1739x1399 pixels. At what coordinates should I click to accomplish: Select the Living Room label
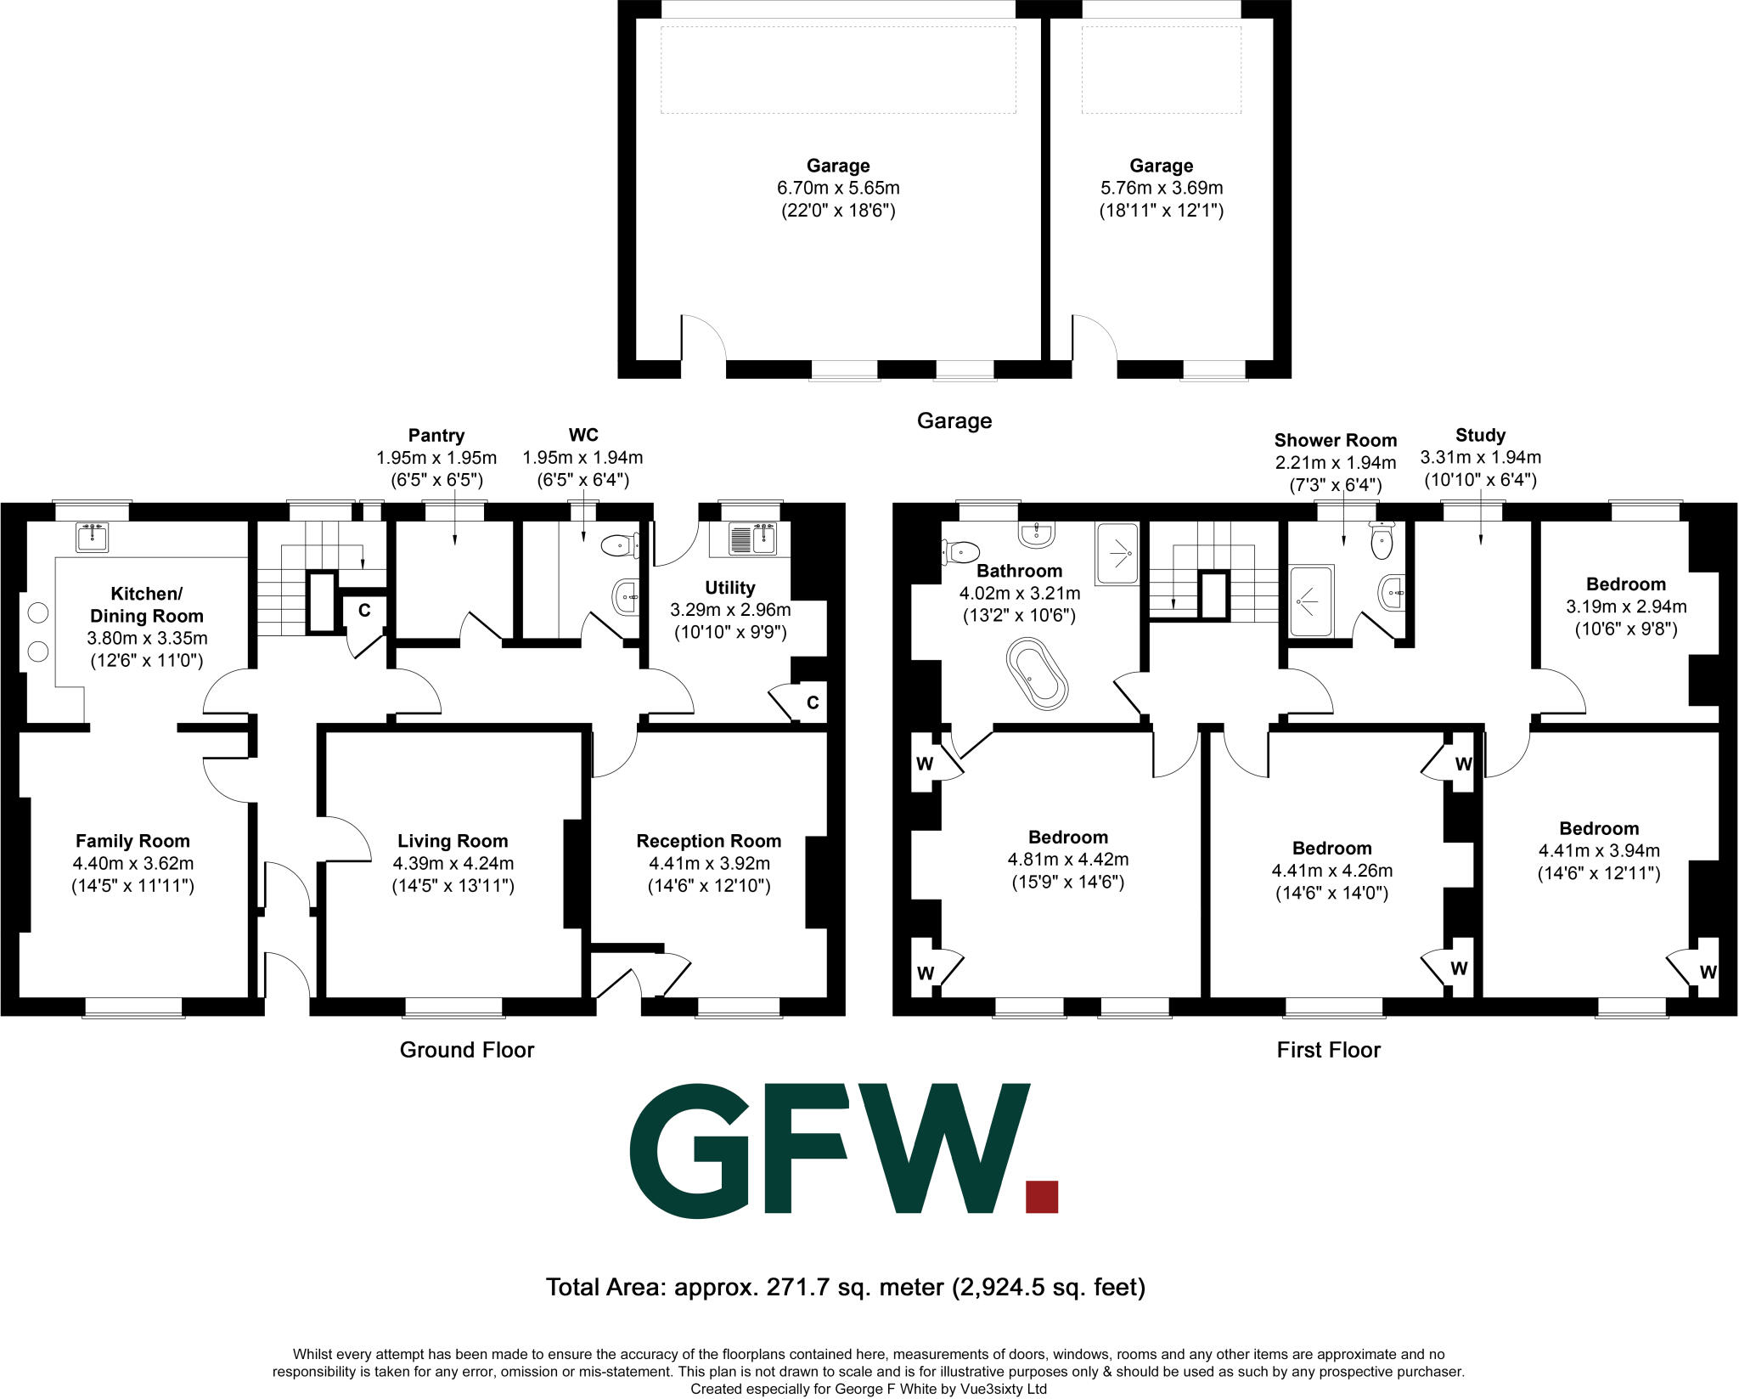tap(453, 841)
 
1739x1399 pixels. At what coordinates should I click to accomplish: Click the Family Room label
tap(132, 841)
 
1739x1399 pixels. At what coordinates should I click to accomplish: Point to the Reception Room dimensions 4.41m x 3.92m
tap(709, 864)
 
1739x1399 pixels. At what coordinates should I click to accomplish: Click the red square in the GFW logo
tap(1042, 1196)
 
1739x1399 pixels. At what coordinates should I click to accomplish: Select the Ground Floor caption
tap(467, 1050)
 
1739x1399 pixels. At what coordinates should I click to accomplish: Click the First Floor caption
tap(1328, 1051)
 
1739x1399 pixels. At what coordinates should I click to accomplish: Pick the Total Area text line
tap(846, 1288)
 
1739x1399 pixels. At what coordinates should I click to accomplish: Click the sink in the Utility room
tap(751, 539)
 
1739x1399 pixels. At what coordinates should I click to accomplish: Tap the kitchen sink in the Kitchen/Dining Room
tap(92, 537)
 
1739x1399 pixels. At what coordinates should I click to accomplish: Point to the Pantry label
tap(436, 436)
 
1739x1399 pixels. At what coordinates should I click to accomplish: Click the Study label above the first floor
tap(1480, 435)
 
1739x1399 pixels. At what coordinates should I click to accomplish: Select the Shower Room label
tap(1335, 440)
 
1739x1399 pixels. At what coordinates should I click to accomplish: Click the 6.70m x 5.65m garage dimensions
tap(838, 188)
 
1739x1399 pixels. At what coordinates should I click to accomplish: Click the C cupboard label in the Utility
tap(813, 702)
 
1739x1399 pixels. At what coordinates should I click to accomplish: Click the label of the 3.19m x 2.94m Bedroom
tap(1625, 584)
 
